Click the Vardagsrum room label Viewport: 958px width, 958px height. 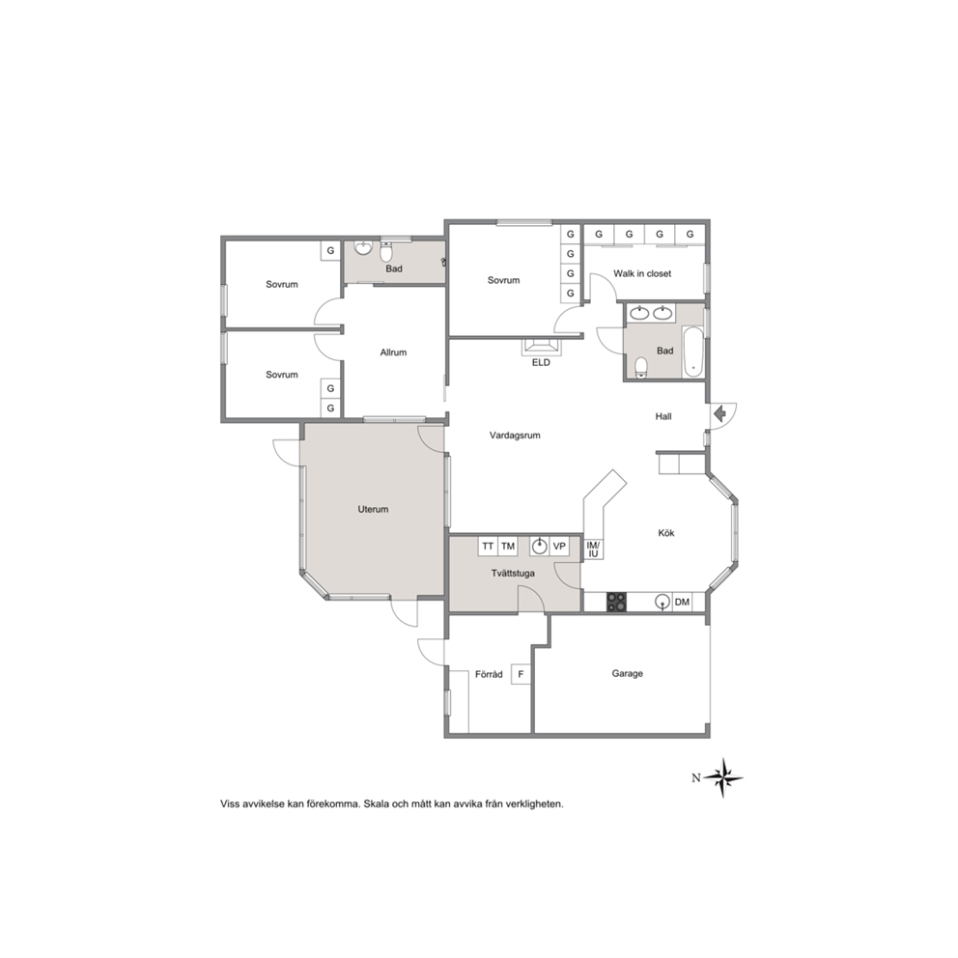(x=515, y=436)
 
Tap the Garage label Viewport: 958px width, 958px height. (x=627, y=673)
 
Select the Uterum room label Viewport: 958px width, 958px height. (x=373, y=509)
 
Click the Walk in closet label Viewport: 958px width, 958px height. (x=642, y=273)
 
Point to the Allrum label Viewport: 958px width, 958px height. (x=393, y=352)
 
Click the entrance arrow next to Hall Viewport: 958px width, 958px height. (x=719, y=414)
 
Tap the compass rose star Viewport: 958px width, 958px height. (x=722, y=777)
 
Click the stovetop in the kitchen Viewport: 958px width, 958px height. (x=616, y=603)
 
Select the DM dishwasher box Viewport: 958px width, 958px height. (x=682, y=602)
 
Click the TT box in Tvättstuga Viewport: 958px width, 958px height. (x=488, y=547)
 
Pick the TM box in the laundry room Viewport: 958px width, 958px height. (x=508, y=547)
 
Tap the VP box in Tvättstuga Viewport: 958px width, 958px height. (x=559, y=547)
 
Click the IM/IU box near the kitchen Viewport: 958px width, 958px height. (x=593, y=549)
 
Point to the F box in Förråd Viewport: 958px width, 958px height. (x=521, y=674)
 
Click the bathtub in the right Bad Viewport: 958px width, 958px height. (x=692, y=352)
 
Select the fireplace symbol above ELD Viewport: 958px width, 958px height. (x=541, y=347)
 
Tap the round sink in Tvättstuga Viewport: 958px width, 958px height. (x=539, y=547)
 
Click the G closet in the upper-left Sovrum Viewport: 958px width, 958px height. (x=330, y=250)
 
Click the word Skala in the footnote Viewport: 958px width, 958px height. (x=376, y=804)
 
